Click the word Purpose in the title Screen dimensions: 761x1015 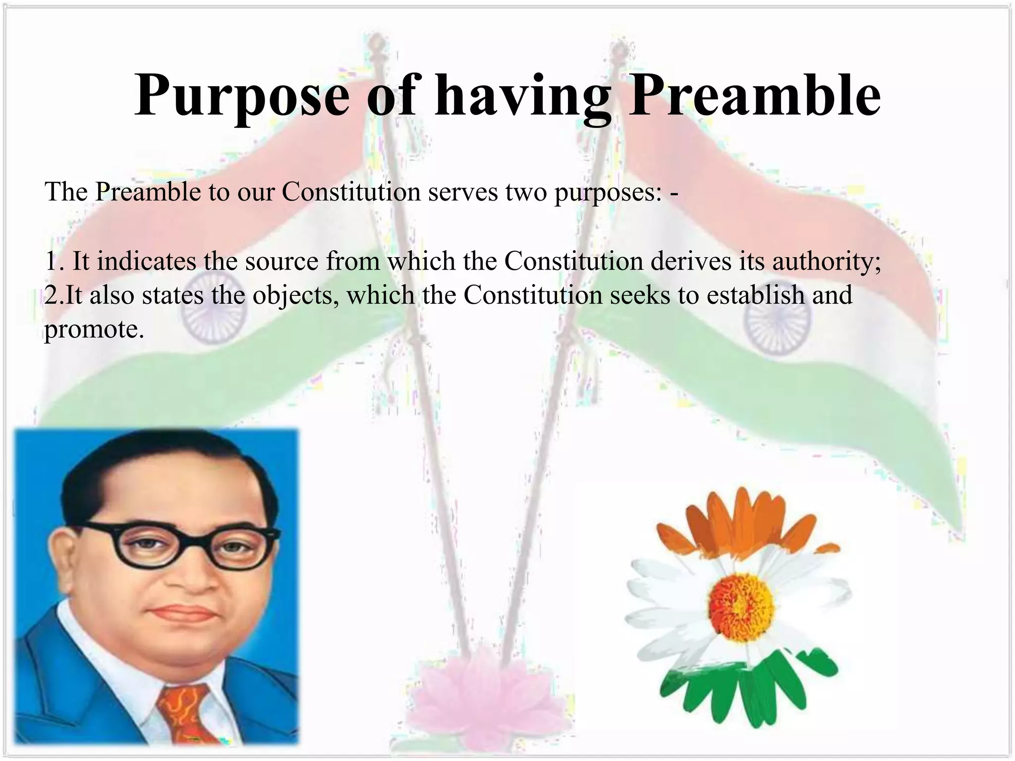(x=242, y=95)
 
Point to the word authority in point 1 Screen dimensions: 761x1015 (x=826, y=262)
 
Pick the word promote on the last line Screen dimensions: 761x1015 (x=94, y=329)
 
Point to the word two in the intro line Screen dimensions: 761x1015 (x=526, y=192)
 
